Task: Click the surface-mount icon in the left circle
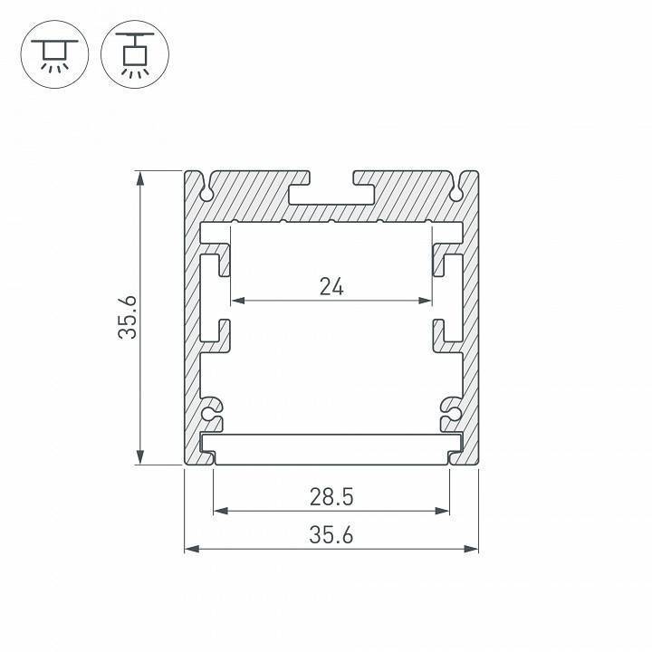pyautogui.click(x=53, y=54)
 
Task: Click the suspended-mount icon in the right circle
pyautogui.click(x=135, y=54)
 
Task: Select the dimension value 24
pyautogui.click(x=331, y=287)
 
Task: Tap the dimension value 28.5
pyautogui.click(x=331, y=496)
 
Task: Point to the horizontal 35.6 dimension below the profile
pyautogui.click(x=331, y=535)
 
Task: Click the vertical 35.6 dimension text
pyautogui.click(x=129, y=318)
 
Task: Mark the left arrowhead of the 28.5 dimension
pyautogui.click(x=218, y=511)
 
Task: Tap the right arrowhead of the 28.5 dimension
pyautogui.click(x=444, y=511)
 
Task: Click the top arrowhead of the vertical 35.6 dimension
pyautogui.click(x=139, y=177)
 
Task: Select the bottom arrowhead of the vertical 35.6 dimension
pyautogui.click(x=139, y=458)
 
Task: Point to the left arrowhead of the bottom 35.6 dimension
pyautogui.click(x=191, y=548)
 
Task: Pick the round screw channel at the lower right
pyautogui.click(x=450, y=414)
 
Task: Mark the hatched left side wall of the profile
pyautogui.click(x=192, y=317)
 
